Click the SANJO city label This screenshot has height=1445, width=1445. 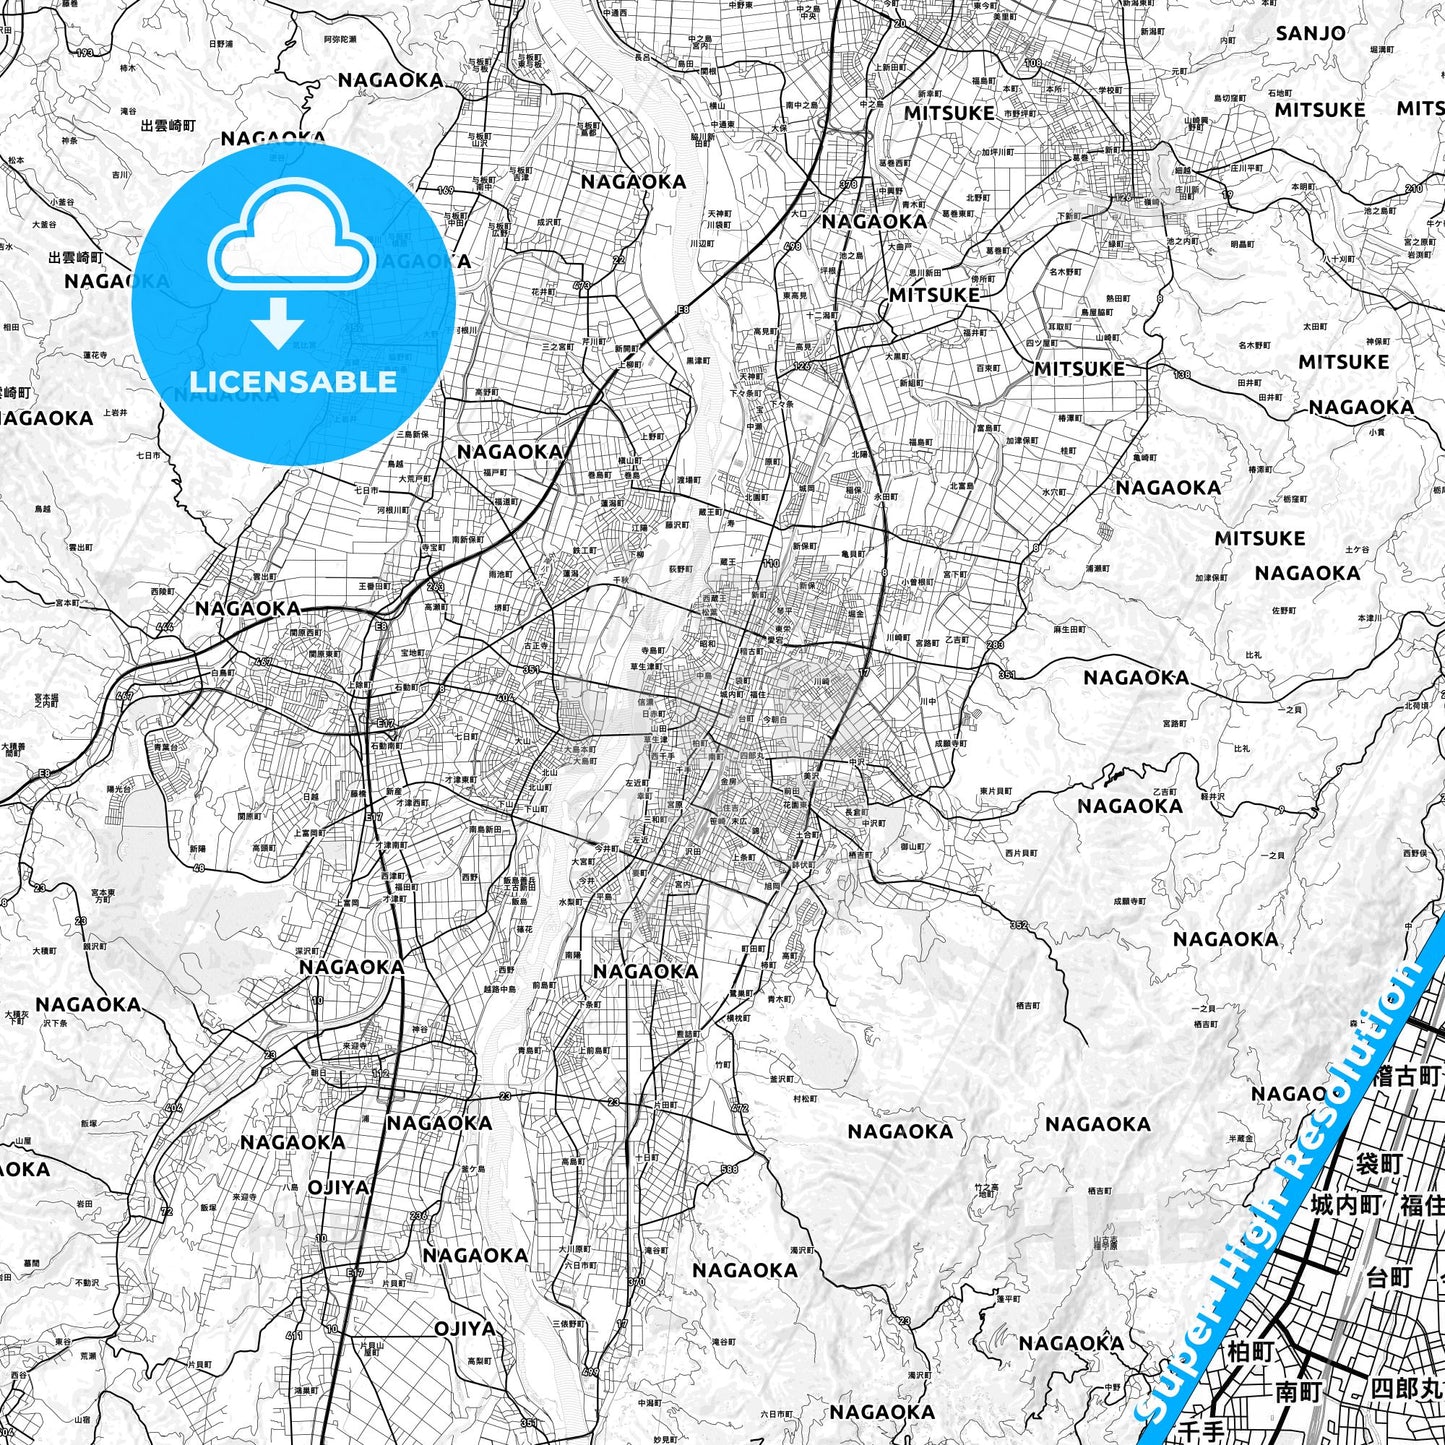(x=1310, y=33)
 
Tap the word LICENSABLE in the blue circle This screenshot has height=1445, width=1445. (x=293, y=382)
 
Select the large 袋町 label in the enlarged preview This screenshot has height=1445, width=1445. (x=1379, y=1163)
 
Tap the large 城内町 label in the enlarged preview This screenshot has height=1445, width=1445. (x=1347, y=1204)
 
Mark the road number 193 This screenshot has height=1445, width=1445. (x=84, y=53)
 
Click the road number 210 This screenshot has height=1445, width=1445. (x=1413, y=188)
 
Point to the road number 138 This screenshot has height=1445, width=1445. (x=1182, y=375)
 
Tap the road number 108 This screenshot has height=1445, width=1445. (x=1033, y=63)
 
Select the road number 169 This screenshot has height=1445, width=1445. (x=446, y=190)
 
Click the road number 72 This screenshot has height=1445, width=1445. (x=166, y=1211)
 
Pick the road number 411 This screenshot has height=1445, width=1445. (x=293, y=1335)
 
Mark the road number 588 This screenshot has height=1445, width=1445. (x=728, y=1168)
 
